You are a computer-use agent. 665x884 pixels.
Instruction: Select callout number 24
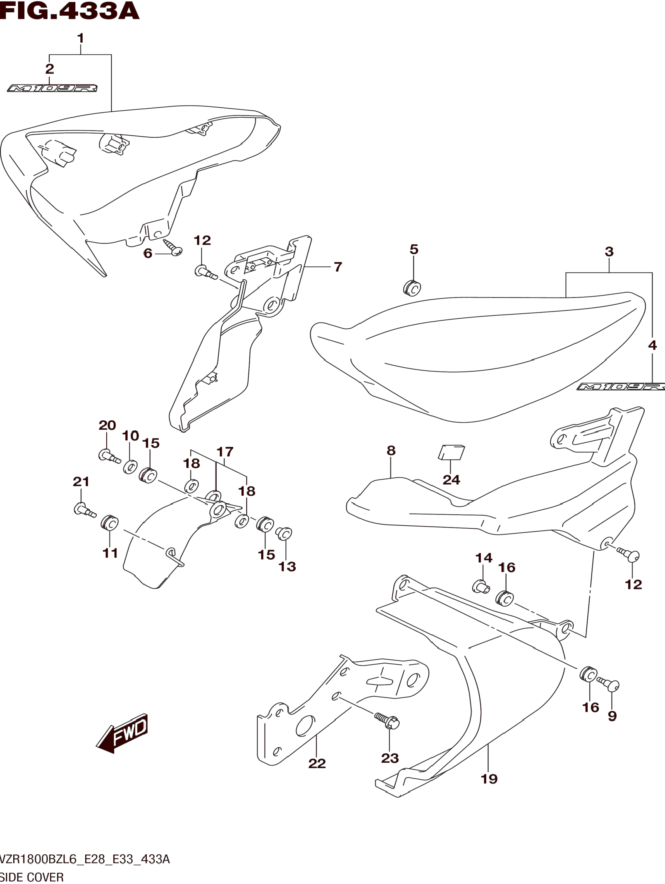point(451,480)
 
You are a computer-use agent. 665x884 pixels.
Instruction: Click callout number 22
point(317,763)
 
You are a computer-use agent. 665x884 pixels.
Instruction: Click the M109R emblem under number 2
point(52,88)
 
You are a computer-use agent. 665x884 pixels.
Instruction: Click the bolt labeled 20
point(109,456)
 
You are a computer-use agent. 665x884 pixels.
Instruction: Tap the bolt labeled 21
point(84,510)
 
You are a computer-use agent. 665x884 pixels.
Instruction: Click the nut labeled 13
point(284,533)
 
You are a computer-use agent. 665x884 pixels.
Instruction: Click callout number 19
point(489,778)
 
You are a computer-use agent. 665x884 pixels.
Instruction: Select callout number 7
point(338,267)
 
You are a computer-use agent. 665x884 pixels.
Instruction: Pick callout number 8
point(391,451)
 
